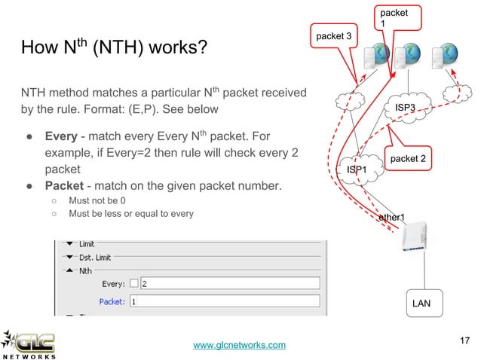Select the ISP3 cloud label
406,108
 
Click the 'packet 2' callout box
408,158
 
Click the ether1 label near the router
391,218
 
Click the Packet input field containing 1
226,301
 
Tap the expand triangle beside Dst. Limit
70,258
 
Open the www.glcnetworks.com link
240,345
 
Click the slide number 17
465,342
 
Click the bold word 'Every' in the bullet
60,138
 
